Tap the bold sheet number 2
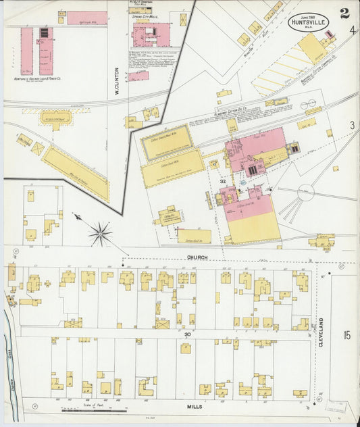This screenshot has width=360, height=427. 344,12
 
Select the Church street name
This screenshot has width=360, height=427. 198,257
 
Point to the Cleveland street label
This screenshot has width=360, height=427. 322,332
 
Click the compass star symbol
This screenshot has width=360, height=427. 99,234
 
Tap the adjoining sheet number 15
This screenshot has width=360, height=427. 346,334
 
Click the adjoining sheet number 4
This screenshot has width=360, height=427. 353,30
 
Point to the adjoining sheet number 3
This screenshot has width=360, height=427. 352,125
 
